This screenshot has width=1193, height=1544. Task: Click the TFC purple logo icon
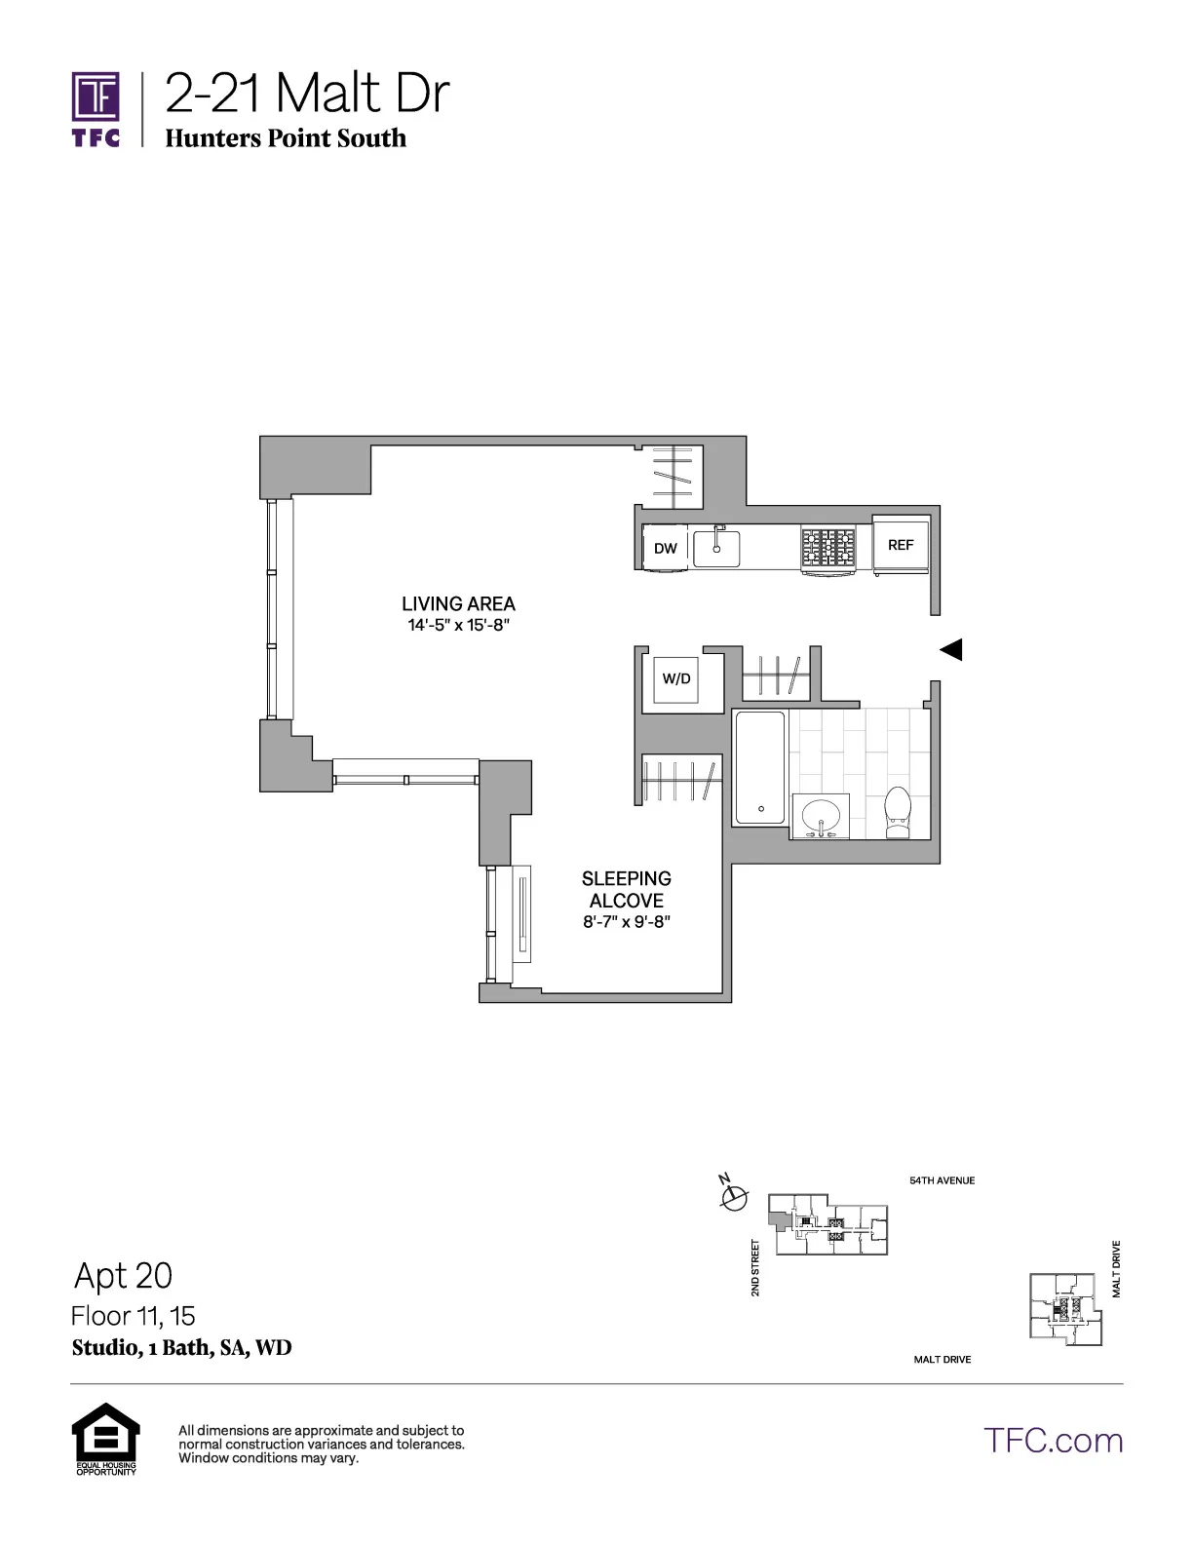96,98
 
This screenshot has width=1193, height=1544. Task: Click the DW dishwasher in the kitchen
666,549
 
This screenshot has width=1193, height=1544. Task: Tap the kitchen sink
717,547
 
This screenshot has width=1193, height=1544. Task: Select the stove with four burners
828,549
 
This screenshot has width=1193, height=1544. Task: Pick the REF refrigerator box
901,546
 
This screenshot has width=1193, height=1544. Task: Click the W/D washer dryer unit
676,679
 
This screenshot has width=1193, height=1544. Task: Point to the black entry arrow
950,649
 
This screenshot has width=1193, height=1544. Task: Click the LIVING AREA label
458,604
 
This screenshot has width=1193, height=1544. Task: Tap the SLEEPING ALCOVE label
627,889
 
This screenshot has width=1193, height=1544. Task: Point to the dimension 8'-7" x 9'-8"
627,922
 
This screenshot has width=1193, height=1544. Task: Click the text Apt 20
123,1275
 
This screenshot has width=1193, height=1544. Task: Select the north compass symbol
733,1194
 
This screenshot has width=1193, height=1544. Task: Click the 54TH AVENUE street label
942,1180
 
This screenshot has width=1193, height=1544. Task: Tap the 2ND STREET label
755,1268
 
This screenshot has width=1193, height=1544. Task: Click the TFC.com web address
1053,1441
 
